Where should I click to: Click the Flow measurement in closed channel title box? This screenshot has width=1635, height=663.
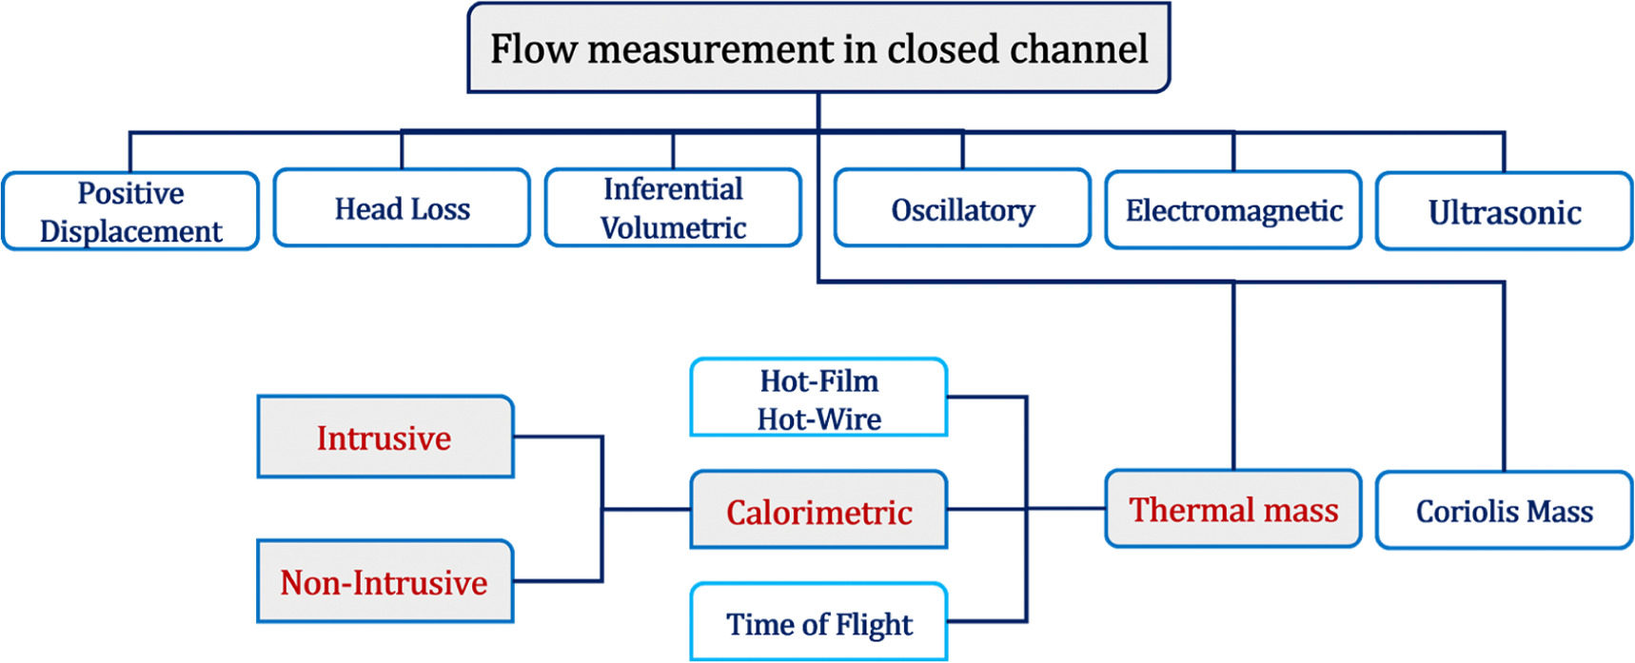818,48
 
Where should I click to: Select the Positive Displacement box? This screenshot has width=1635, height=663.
130,211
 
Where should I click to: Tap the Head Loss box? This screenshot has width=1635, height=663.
402,208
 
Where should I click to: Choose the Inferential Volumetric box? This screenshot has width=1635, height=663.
673,208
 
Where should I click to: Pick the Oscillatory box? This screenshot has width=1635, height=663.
962,209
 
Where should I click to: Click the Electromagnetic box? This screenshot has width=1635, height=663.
1233,210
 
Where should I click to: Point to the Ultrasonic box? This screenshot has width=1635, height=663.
1505,211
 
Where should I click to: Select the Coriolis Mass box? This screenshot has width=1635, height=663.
1505,511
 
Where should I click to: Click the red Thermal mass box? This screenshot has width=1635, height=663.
1233,509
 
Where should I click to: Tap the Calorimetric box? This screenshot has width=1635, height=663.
818,511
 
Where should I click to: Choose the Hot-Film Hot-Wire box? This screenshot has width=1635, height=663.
818,399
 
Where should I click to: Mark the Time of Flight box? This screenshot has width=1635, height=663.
818,623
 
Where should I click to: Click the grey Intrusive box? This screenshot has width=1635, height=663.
384,438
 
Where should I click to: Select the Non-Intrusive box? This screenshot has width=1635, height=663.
384,582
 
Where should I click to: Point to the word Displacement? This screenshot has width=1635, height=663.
130,231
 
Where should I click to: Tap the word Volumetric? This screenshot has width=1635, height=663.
673,228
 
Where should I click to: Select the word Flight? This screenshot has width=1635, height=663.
874,624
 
